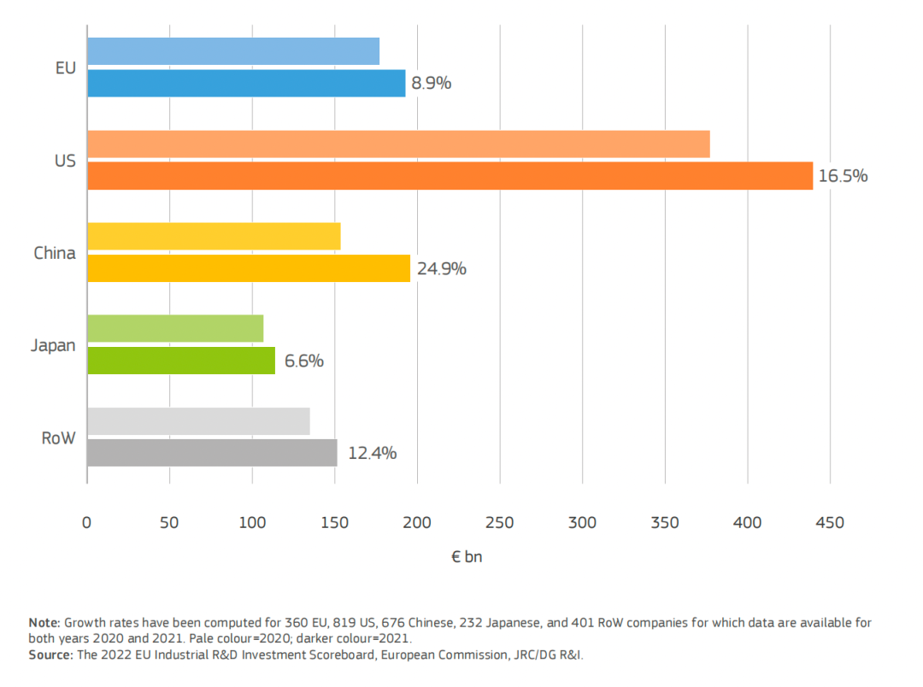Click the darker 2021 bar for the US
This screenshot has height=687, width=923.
(450, 176)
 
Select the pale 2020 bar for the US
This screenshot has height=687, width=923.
(398, 144)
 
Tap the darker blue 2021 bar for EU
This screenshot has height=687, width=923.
(246, 83)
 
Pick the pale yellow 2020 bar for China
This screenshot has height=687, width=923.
(214, 237)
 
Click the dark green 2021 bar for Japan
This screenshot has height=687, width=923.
(181, 361)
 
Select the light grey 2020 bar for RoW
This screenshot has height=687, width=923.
(198, 422)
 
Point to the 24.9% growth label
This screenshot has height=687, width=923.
(441, 269)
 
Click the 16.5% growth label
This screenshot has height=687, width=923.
(843, 176)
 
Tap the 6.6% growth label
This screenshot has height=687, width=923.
(303, 361)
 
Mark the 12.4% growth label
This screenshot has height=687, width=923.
(372, 454)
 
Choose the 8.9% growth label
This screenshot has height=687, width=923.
(431, 84)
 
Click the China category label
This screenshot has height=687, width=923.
(55, 253)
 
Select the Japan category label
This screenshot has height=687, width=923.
(53, 346)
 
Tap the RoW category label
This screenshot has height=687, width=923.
(58, 438)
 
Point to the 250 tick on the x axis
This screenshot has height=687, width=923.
(500, 522)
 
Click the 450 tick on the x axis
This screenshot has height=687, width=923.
(830, 522)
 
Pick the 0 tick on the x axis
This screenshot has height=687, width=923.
(86, 522)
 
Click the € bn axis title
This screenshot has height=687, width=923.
(467, 557)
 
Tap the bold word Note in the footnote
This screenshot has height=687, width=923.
(44, 622)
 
